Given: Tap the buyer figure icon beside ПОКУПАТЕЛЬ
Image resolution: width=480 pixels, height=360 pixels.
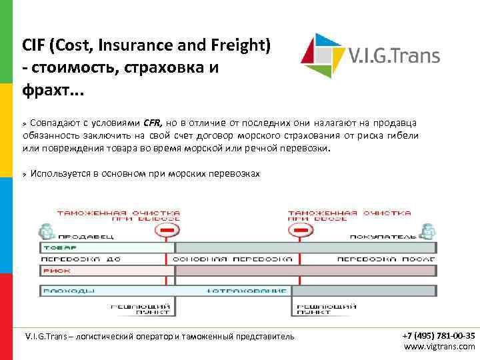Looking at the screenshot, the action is click(427, 231).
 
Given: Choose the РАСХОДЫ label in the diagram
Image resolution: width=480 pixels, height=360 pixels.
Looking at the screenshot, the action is click(67, 291).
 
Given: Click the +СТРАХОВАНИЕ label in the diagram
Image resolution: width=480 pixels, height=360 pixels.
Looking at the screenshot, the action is click(246, 291).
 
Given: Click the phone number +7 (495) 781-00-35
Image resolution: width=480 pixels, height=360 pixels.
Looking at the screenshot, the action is click(439, 335).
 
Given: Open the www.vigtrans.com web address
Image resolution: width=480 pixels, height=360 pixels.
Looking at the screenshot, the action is click(439, 346).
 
